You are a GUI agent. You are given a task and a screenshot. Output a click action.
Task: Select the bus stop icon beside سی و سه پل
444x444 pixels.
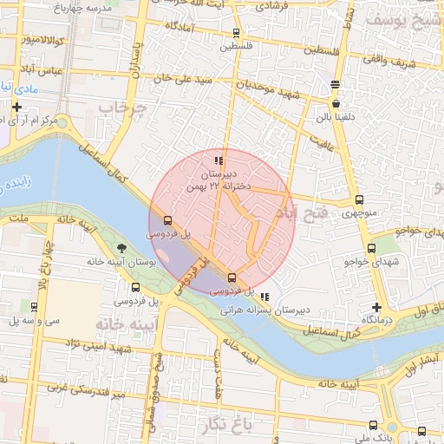tap(34, 306)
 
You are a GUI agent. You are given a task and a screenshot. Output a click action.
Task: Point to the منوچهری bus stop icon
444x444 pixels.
tap(360, 199)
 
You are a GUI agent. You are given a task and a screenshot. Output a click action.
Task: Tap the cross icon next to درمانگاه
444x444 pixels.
tap(375, 307)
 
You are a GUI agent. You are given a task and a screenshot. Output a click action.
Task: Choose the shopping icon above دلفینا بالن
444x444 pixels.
tap(336, 104)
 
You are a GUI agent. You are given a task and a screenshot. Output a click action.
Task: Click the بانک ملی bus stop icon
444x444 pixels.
tap(374, 425)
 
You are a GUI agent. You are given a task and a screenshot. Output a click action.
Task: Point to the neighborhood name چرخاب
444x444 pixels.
tap(119, 108)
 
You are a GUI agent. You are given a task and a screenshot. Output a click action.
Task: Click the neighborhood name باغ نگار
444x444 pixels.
tap(228, 424)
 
